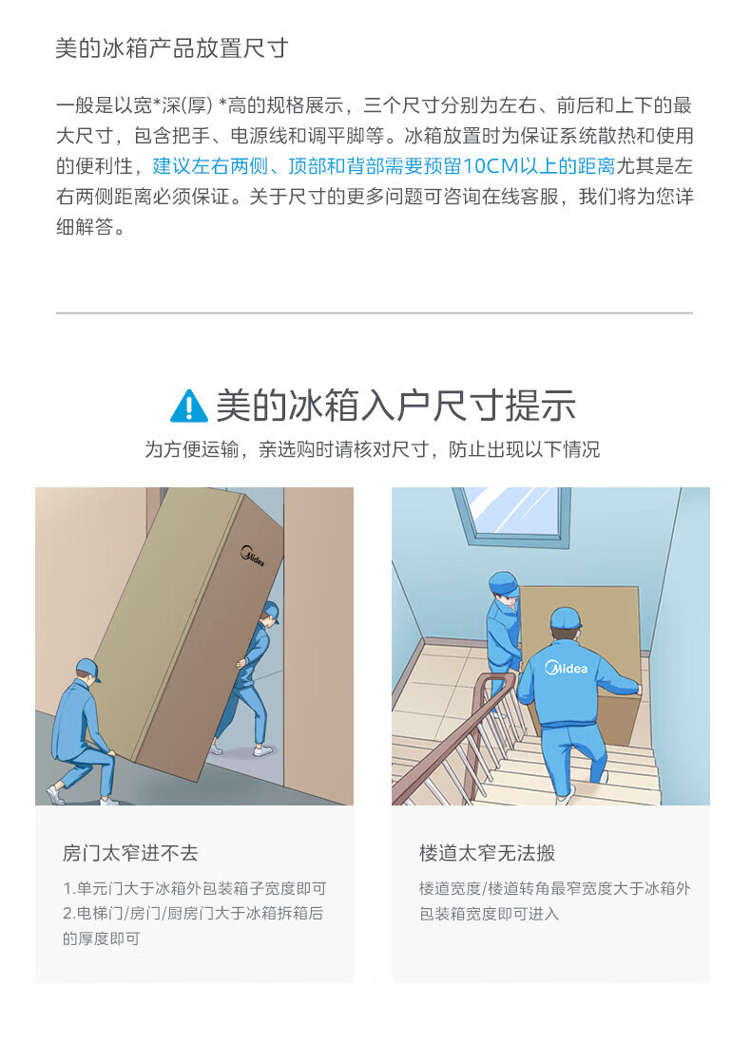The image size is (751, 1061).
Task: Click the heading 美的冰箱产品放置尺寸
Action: pos(171,48)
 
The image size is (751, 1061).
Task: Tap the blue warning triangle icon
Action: pos(189,406)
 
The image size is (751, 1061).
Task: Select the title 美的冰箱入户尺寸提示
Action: pos(395,406)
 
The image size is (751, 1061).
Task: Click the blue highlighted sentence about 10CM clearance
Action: pos(384,165)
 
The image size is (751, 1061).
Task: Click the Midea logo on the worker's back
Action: pos(567,668)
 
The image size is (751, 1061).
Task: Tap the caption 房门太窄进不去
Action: pos(130,853)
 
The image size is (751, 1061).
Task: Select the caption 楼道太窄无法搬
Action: pos(487,853)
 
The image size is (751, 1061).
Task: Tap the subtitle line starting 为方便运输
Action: pos(373,449)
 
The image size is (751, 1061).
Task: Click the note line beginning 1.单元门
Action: pos(195,889)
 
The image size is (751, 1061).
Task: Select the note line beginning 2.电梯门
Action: pos(193,914)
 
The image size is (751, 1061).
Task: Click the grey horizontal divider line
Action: pos(375,313)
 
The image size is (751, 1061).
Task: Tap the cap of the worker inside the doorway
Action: pos(271,610)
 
